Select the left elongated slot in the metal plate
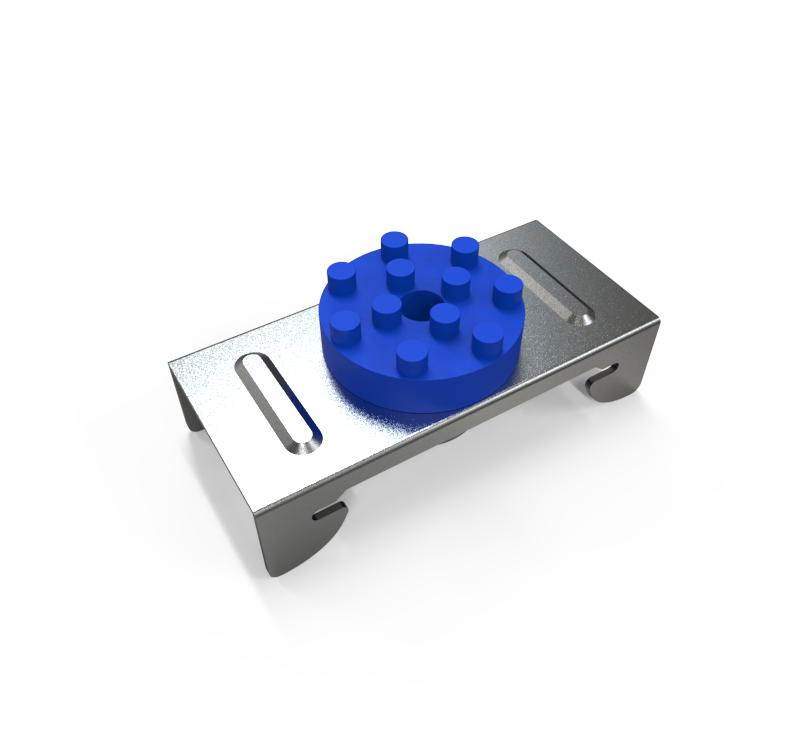(x=281, y=399)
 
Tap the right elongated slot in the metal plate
(x=548, y=285)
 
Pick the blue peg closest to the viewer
(x=411, y=354)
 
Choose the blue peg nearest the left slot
(x=345, y=324)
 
